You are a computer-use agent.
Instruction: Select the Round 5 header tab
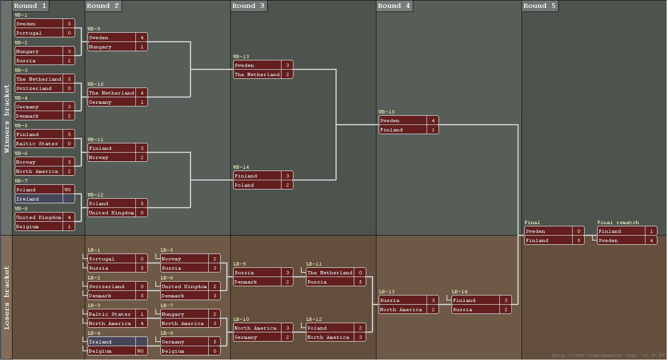click(x=540, y=6)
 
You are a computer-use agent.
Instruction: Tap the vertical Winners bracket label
click(x=6, y=118)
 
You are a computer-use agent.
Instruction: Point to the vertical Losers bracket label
click(x=6, y=298)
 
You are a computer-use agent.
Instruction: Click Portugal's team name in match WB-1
click(x=39, y=33)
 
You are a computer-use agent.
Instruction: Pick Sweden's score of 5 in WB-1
click(x=69, y=24)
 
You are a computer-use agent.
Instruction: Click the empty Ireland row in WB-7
click(x=45, y=199)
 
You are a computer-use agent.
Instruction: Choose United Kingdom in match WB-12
click(x=111, y=213)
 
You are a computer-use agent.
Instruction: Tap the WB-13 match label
click(x=241, y=57)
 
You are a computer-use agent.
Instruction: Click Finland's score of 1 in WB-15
click(x=433, y=130)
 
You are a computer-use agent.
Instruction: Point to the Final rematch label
click(x=618, y=223)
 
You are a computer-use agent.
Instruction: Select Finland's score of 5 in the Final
click(x=579, y=241)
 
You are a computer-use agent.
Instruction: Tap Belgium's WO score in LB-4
click(x=142, y=351)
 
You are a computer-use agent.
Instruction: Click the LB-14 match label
click(x=459, y=292)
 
